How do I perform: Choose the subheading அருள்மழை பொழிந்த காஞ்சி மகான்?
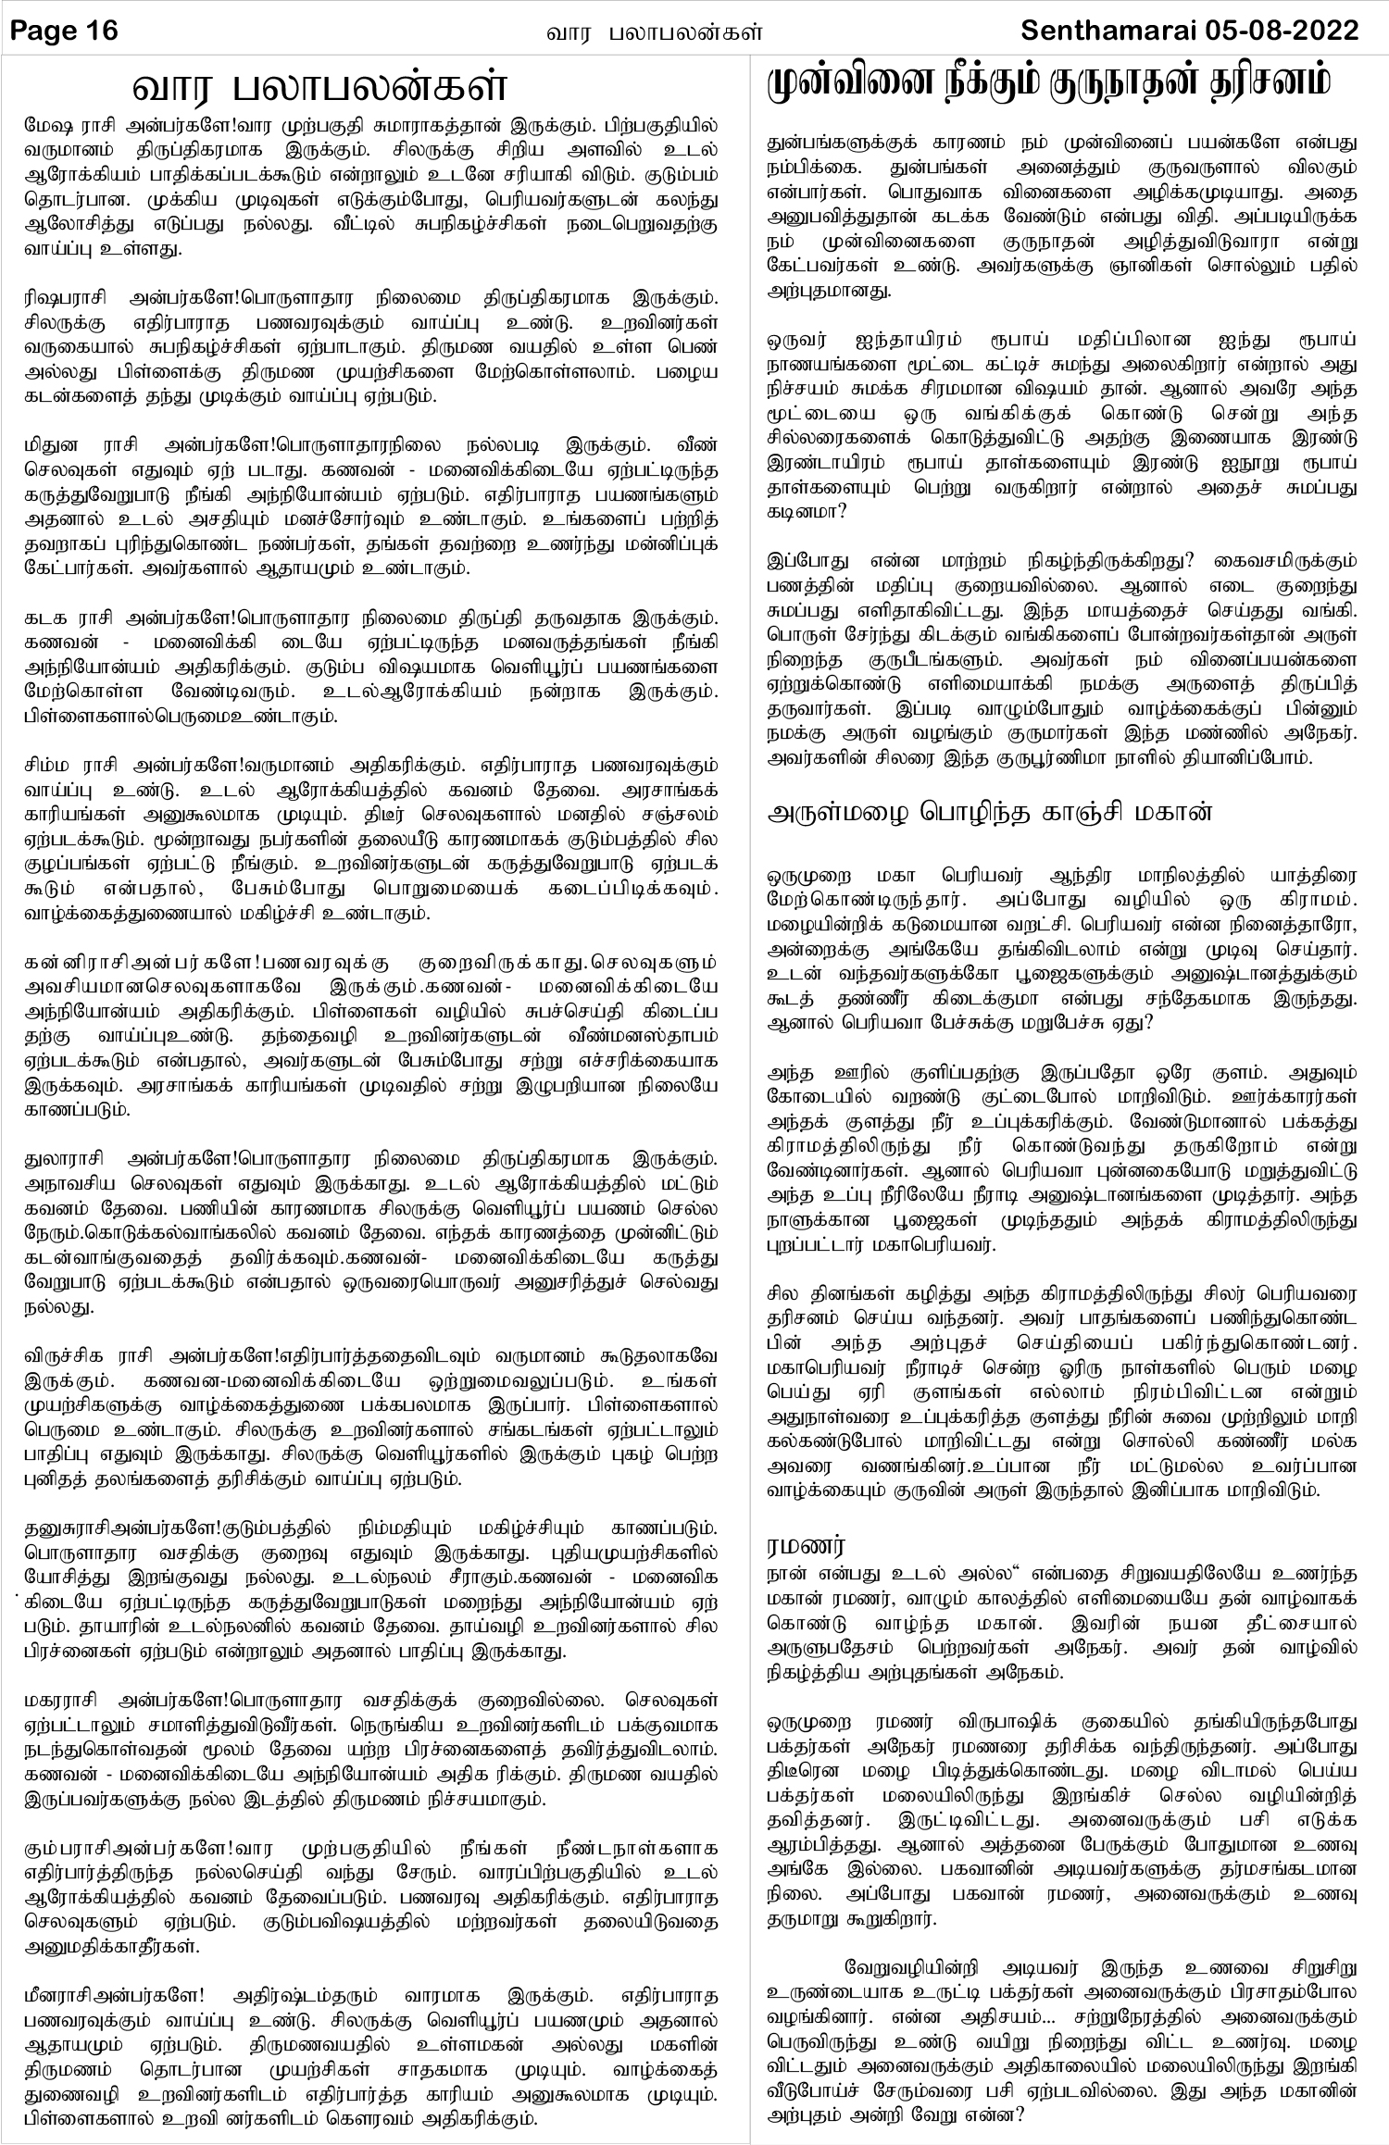[x=989, y=813]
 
